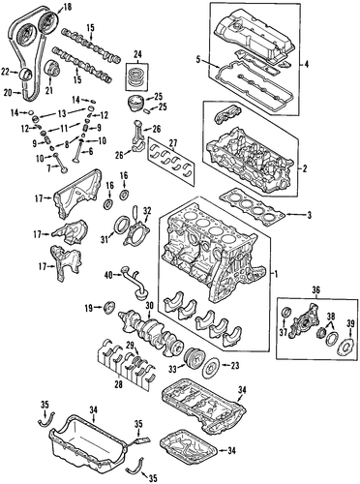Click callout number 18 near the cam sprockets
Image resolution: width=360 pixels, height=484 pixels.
(x=67, y=7)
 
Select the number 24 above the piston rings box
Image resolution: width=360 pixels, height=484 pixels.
(x=136, y=54)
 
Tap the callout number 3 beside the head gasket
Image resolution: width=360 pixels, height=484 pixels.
(x=309, y=215)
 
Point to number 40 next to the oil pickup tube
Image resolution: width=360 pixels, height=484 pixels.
(x=109, y=275)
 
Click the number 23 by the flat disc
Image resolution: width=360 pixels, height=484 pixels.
(x=235, y=365)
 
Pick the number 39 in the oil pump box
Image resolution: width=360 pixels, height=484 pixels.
(x=350, y=322)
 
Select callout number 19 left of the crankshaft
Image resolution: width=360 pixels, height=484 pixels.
(x=89, y=308)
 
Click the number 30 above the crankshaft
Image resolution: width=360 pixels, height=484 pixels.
(x=149, y=305)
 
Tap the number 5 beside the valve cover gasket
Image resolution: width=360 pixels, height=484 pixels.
(x=198, y=59)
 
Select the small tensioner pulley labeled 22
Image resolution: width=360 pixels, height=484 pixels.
(x=25, y=74)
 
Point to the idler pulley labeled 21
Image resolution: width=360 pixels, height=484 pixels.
(x=51, y=68)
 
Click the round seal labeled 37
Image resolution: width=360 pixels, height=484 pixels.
(x=286, y=313)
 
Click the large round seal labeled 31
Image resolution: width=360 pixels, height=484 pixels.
(x=122, y=226)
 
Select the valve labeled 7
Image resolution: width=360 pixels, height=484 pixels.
(x=61, y=164)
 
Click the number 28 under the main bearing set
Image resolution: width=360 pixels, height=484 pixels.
(x=119, y=384)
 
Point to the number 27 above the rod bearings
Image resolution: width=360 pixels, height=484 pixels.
(x=173, y=142)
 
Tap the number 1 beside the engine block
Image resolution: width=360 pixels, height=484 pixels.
(x=276, y=274)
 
